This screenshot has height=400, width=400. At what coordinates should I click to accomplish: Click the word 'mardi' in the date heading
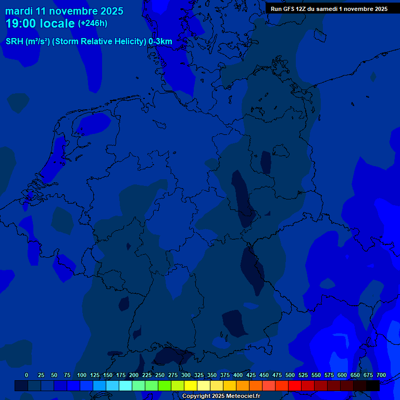tap(19, 11)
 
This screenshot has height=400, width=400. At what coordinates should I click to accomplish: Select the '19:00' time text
tap(21, 23)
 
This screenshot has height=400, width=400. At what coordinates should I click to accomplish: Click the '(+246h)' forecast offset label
tap(93, 23)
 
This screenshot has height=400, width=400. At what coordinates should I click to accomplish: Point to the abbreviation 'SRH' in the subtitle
tap(15, 42)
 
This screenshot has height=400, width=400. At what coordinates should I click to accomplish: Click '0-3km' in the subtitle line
tap(160, 42)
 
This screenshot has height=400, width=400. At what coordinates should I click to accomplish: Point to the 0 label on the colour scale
tap(27, 375)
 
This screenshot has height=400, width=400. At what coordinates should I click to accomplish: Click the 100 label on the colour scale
tap(82, 375)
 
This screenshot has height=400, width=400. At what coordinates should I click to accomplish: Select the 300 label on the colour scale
tap(186, 375)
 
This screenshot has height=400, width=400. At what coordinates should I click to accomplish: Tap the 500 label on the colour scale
tap(290, 375)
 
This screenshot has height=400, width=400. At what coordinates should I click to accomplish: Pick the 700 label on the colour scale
tap(381, 375)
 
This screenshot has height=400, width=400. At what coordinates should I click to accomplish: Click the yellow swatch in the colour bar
tap(191, 386)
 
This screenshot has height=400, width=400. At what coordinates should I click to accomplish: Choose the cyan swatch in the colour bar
tap(126, 386)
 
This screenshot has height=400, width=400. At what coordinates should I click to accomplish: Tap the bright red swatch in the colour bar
tap(295, 386)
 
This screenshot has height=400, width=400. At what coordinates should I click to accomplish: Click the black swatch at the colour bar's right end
tap(373, 386)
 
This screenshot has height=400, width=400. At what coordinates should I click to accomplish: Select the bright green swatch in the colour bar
tap(165, 386)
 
